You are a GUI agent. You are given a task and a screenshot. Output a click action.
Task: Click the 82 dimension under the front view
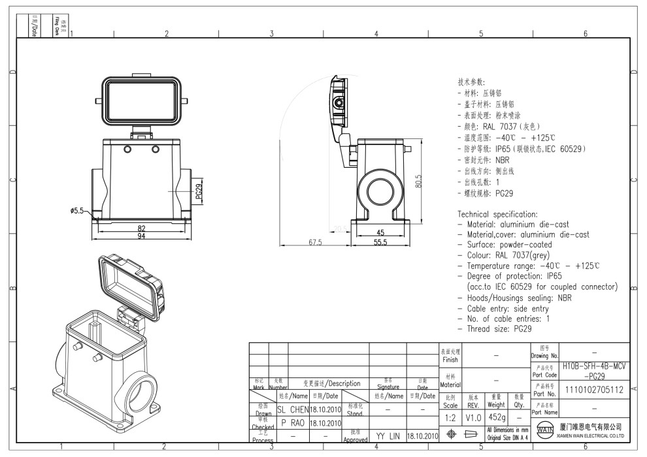pos(141,228)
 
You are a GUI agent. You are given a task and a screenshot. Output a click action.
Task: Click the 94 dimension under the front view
pos(141,236)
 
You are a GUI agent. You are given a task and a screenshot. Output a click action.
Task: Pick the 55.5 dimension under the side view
pos(381,242)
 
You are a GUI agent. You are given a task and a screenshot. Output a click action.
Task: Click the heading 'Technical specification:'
pos(497,213)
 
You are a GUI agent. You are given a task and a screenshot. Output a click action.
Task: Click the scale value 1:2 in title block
pos(450,417)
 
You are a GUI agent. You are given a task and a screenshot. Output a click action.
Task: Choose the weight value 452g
pos(496,417)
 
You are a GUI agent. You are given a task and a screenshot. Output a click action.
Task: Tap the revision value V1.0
pos(473,417)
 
